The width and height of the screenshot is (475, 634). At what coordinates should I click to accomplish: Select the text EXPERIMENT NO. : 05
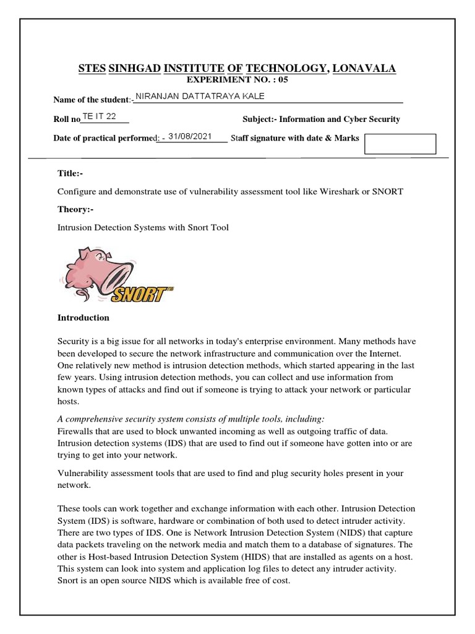tap(237, 80)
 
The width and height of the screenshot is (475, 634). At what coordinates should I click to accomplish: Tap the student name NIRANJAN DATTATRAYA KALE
tap(200, 96)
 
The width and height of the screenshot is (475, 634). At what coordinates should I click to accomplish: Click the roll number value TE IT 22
tap(99, 116)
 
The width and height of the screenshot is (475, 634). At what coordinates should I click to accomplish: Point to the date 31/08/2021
tap(190, 136)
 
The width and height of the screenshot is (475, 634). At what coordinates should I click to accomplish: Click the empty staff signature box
tap(400, 144)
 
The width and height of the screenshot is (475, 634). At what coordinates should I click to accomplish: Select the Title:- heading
tap(69, 173)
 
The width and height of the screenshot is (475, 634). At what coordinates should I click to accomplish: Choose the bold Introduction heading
tap(83, 318)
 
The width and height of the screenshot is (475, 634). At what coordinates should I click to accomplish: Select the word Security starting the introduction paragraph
tap(74, 341)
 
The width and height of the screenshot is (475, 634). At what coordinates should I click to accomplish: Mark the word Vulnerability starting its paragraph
tap(83, 473)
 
